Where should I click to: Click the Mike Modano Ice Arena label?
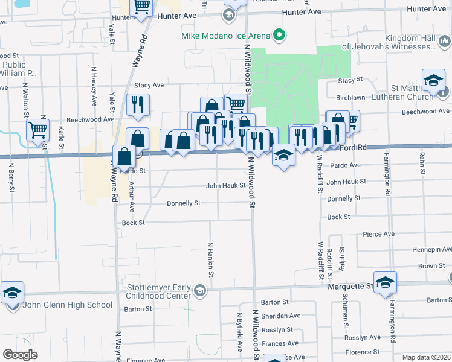point(225,36)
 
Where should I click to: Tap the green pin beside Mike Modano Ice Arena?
point(279,35)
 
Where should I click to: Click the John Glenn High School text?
point(68,305)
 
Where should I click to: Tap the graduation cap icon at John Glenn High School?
point(12,293)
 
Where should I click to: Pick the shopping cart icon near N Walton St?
point(37,130)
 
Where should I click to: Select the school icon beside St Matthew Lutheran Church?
point(433,81)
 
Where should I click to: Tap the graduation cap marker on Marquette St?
point(384,282)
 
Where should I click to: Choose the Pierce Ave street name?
point(378,233)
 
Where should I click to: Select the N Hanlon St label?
point(211,259)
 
